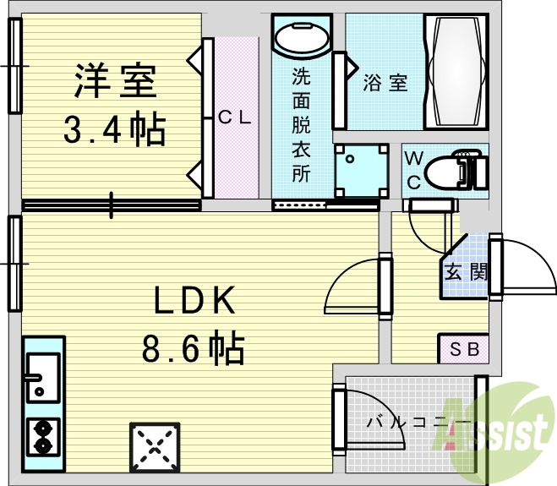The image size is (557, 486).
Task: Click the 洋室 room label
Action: tap(113, 82)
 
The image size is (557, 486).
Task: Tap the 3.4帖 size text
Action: tap(115, 128)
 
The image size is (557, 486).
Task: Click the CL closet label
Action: tap(234, 118)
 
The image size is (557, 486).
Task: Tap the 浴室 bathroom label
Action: tap(385, 83)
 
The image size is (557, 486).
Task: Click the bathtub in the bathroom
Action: tap(457, 72)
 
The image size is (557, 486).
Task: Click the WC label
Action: tap(413, 169)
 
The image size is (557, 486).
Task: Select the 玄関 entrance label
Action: tap(465, 272)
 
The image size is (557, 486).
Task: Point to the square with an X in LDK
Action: tap(154, 445)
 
